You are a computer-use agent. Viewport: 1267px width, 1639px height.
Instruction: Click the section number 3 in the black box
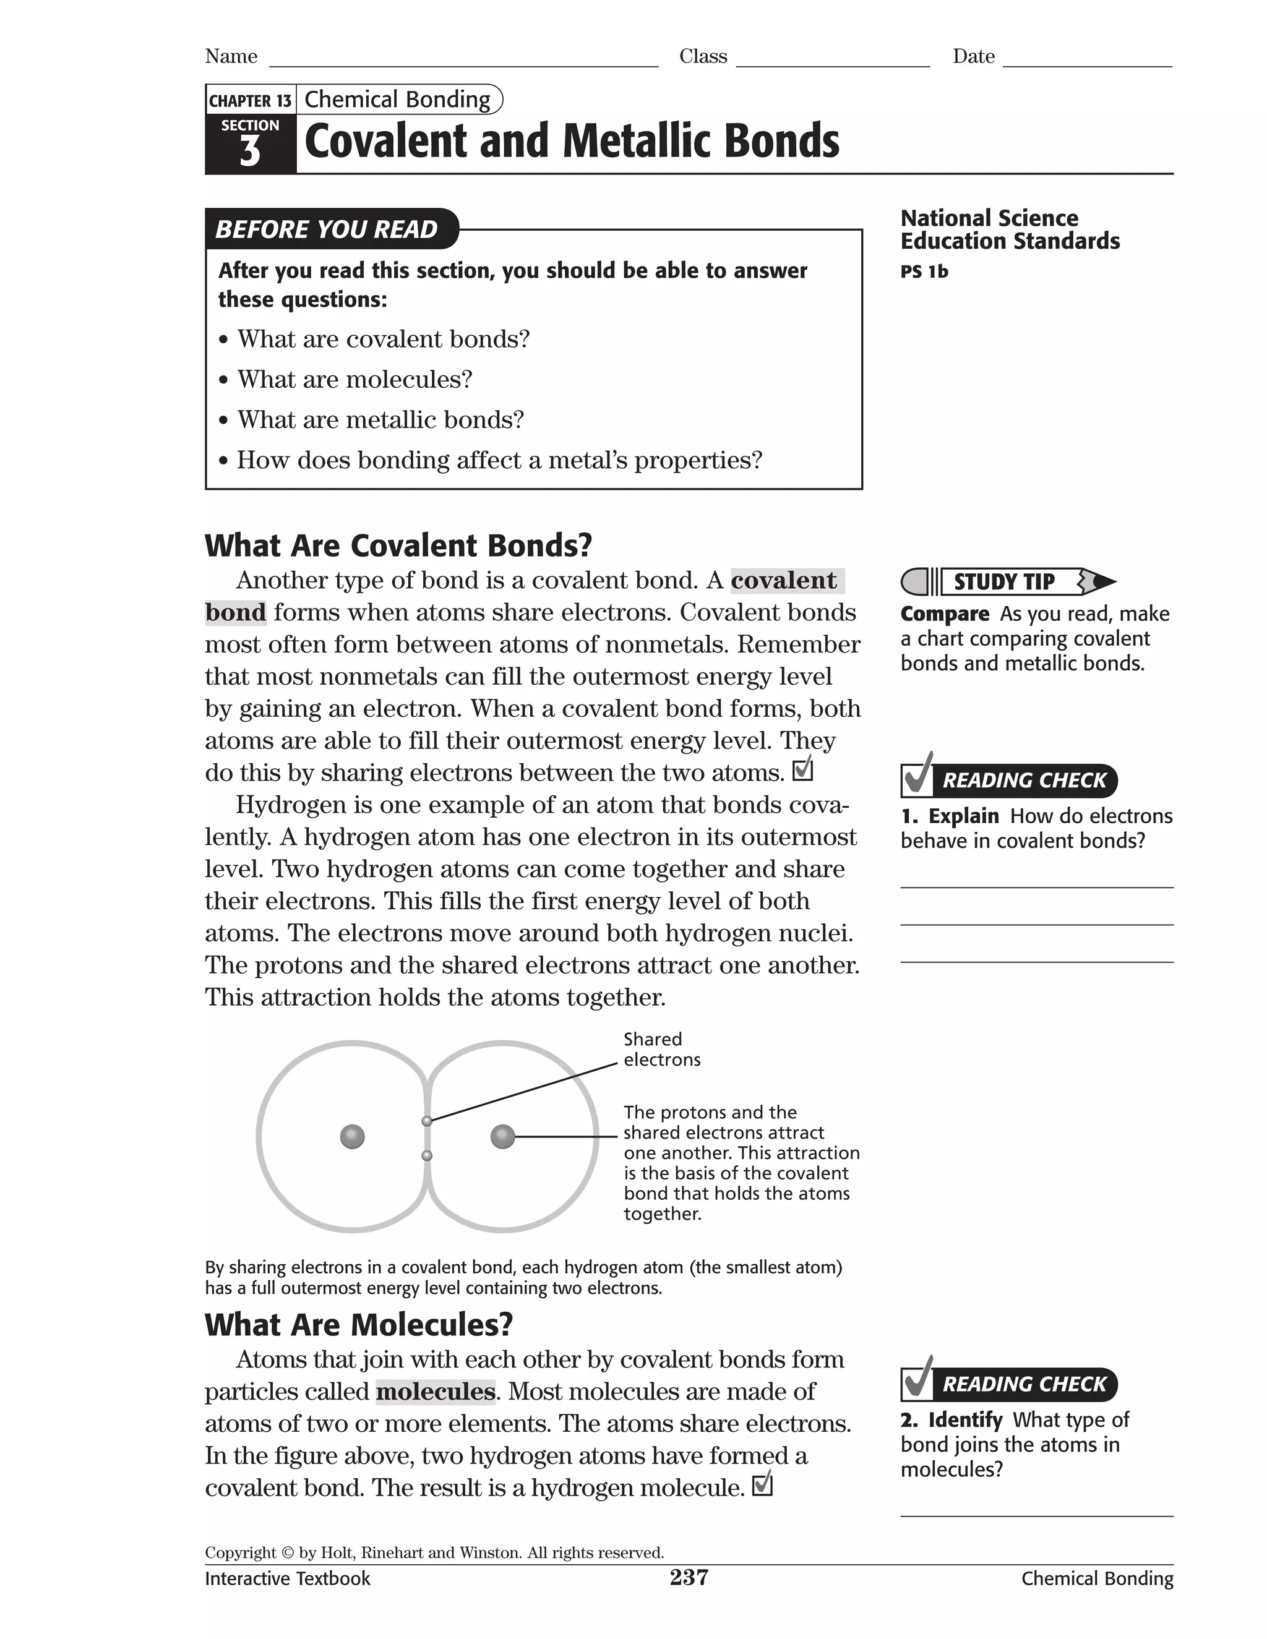(250, 152)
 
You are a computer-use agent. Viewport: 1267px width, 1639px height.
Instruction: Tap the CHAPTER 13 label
(250, 101)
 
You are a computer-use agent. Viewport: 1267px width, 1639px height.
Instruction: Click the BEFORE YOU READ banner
(327, 229)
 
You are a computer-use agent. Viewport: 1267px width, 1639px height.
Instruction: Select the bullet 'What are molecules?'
(354, 379)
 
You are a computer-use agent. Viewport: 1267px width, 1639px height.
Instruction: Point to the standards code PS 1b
(924, 272)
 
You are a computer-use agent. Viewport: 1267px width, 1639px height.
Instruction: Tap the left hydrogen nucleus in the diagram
(352, 1136)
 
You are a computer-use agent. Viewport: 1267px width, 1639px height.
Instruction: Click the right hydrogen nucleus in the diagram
(502, 1136)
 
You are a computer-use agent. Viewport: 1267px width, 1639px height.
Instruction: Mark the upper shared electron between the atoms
(426, 1121)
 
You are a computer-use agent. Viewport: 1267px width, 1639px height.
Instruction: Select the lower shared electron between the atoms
(426, 1156)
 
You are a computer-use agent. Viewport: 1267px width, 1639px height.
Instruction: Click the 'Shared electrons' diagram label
(661, 1049)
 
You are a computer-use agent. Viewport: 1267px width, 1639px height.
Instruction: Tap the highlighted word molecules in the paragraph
(436, 1392)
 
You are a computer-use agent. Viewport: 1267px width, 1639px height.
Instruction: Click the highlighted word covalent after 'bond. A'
(784, 580)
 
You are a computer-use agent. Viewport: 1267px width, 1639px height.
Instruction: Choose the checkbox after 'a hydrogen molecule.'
(762, 1484)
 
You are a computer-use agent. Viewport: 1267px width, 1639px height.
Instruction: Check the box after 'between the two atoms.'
(802, 769)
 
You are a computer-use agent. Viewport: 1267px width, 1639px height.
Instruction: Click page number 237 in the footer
(689, 1578)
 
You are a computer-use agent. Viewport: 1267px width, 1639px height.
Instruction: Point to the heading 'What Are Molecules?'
(359, 1325)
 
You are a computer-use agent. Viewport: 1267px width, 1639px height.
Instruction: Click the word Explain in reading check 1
(963, 816)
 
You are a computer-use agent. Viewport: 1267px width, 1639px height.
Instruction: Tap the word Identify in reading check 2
(964, 1420)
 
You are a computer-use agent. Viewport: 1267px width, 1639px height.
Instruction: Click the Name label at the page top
(231, 57)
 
